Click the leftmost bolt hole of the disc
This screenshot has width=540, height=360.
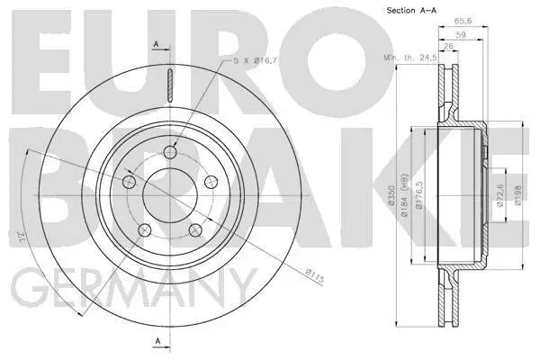tap(128, 183)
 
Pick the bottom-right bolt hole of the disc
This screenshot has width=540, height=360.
tap(194, 231)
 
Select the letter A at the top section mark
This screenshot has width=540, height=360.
tap(157, 44)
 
